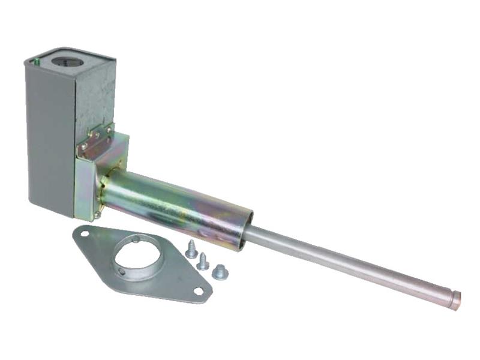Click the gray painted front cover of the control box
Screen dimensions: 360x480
pos(50,138)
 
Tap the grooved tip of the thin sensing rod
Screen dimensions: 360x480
pos(455,298)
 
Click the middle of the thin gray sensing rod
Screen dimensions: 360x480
pos(348,264)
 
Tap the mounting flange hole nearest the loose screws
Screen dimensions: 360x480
pos(197,291)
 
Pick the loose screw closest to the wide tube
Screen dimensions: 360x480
pos(191,249)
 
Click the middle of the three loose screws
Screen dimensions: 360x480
pos(203,261)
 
